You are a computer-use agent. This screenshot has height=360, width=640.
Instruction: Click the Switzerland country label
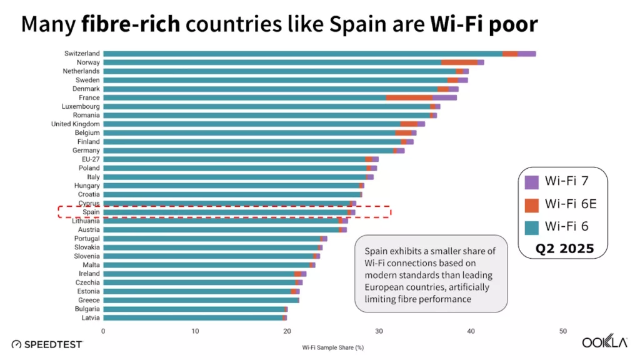click(x=82, y=54)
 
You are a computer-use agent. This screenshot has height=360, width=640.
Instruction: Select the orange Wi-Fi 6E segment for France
click(x=409, y=97)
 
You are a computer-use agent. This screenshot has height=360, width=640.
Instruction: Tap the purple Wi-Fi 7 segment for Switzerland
click(x=527, y=54)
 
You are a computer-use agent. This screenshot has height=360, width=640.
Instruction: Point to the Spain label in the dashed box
click(x=91, y=212)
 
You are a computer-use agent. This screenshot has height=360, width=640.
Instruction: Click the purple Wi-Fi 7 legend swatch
click(x=531, y=182)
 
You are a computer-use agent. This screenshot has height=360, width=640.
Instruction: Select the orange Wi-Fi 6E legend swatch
click(x=531, y=204)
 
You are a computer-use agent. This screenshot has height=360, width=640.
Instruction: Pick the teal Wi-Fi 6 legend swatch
click(x=531, y=226)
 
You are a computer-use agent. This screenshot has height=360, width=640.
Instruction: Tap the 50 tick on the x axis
click(x=563, y=331)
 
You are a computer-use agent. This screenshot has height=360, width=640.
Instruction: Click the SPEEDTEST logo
click(x=47, y=344)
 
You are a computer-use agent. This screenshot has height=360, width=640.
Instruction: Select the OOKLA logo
click(x=605, y=342)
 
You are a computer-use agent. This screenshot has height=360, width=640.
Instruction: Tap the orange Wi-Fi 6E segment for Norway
click(x=459, y=62)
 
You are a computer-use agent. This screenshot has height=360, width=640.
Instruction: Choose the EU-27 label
click(x=90, y=159)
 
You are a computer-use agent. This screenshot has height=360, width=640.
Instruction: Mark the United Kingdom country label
click(x=75, y=124)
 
